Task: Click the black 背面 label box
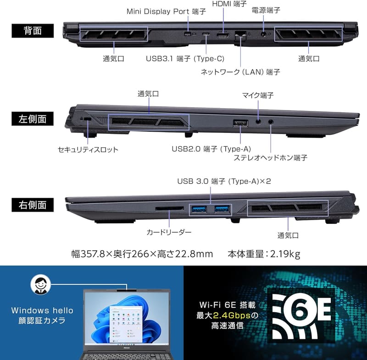click(33, 31)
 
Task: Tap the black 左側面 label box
click(33, 119)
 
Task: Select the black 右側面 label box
click(33, 205)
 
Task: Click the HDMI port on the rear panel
click(223, 36)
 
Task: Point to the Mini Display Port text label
click(166, 11)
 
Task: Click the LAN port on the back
click(240, 36)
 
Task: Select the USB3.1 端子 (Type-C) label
click(185, 59)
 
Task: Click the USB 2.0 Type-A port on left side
click(240, 123)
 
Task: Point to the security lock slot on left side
click(88, 119)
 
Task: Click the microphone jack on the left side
click(258, 122)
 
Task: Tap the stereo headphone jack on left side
click(271, 122)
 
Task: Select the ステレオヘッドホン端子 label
click(270, 158)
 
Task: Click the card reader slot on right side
click(169, 208)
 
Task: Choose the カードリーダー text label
click(169, 232)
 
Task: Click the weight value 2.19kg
click(285, 254)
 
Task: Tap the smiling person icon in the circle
click(40, 284)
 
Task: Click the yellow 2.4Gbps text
click(232, 316)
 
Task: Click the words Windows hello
click(42, 310)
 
